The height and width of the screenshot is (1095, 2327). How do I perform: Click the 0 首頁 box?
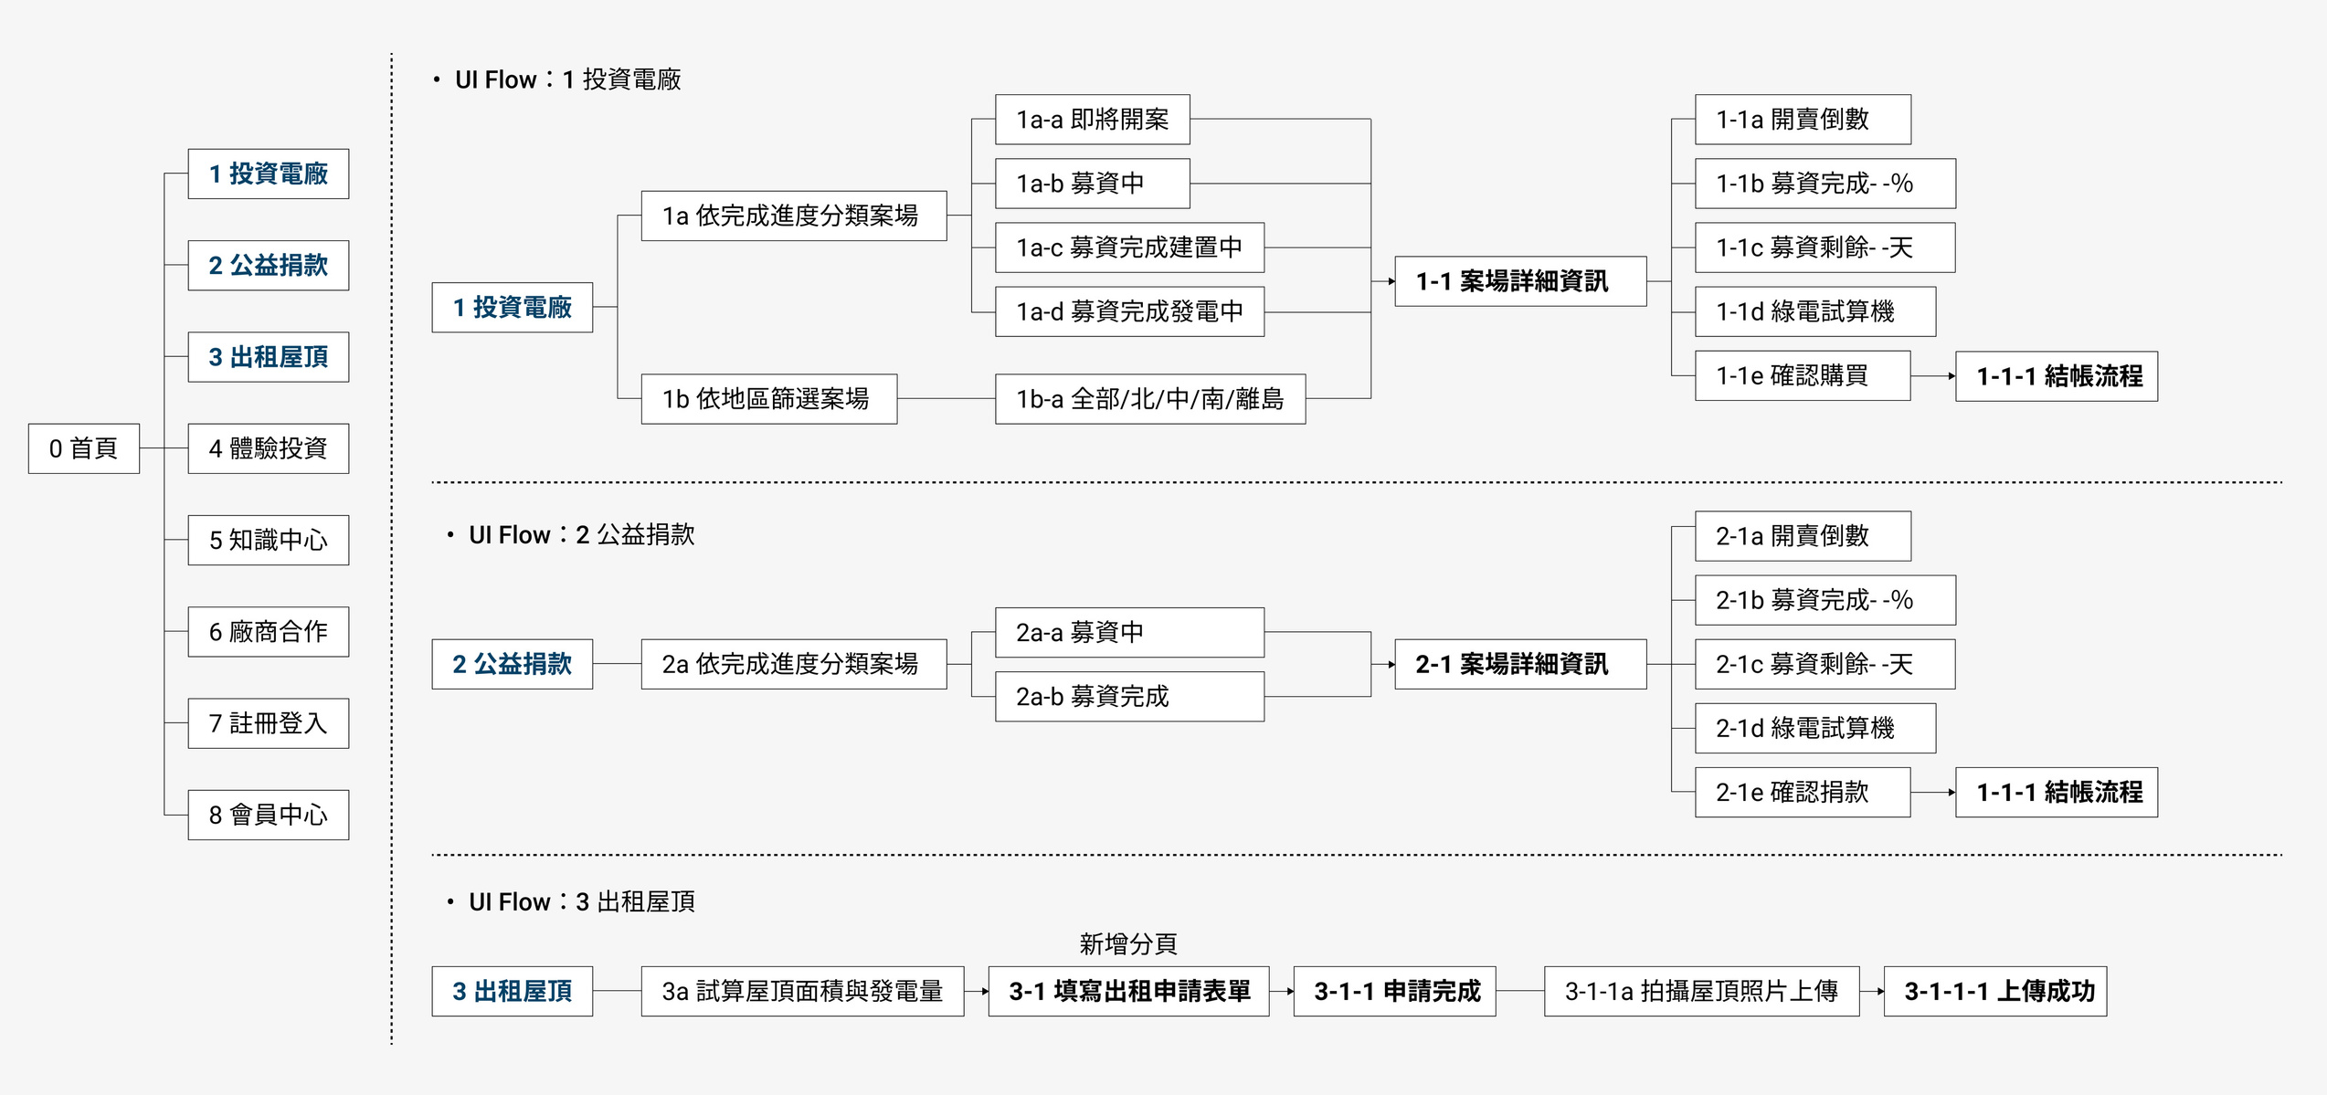[83, 448]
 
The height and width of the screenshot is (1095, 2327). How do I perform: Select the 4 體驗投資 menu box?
[268, 448]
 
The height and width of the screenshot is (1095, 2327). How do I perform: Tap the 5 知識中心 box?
[268, 540]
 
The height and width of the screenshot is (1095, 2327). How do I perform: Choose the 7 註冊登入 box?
[268, 723]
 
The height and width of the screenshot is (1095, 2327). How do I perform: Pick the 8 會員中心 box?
[268, 815]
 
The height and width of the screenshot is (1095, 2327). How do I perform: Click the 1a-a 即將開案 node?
[1092, 120]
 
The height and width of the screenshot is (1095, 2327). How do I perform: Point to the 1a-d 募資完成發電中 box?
[1129, 311]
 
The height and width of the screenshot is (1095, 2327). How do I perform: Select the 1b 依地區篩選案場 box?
[768, 399]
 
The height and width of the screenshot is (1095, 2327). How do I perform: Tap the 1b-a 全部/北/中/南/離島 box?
[1149, 399]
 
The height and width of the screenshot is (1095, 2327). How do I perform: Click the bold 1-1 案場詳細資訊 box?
[1520, 281]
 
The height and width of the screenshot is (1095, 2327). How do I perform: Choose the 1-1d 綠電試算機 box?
[1814, 311]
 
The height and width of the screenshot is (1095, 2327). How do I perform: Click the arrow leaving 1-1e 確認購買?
[1932, 376]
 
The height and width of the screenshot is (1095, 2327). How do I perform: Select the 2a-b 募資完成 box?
[1129, 697]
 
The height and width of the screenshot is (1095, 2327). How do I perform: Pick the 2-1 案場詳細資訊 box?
[1520, 664]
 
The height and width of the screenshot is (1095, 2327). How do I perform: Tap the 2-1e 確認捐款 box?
[1802, 792]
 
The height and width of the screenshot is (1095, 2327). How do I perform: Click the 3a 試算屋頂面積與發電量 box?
[802, 991]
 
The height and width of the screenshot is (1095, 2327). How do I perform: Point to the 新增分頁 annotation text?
[1128, 943]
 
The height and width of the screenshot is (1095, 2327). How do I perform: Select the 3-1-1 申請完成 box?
[1394, 991]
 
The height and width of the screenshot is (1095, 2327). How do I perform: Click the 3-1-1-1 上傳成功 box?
[1995, 991]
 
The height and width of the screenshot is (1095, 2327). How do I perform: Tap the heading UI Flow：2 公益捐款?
[581, 535]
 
